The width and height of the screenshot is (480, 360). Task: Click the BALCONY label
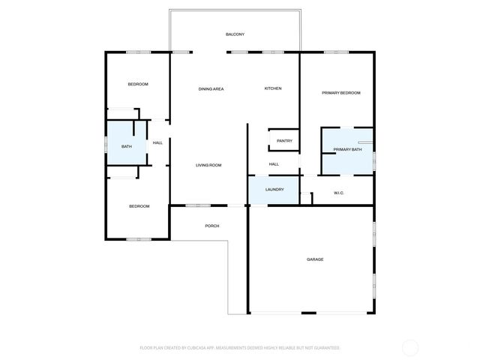coord(235,34)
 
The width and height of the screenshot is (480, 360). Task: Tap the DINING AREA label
coord(211,89)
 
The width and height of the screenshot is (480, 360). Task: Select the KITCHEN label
coord(273,89)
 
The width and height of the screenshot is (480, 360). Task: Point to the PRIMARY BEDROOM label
coord(341,93)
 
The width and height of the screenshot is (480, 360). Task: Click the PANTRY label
coord(284,141)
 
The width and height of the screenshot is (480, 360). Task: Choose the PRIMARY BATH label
coord(347,149)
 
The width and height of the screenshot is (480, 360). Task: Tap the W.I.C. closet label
coord(338,193)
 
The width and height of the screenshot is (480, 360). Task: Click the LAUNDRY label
coord(274,189)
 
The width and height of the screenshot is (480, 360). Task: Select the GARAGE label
coord(315,259)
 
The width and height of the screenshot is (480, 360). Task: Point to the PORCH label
coord(212,226)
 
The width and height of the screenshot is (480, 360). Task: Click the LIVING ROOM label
coord(208,165)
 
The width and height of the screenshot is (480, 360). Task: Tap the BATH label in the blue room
coord(127,146)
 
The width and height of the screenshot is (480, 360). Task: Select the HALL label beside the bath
coord(157,142)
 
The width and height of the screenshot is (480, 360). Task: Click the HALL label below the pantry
coord(274,164)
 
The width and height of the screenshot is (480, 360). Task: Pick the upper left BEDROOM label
coord(138,84)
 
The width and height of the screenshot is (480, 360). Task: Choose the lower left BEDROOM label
coord(139,206)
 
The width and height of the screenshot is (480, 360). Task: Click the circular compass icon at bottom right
coord(410,347)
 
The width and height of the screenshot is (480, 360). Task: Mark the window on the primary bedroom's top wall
coord(336,52)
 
